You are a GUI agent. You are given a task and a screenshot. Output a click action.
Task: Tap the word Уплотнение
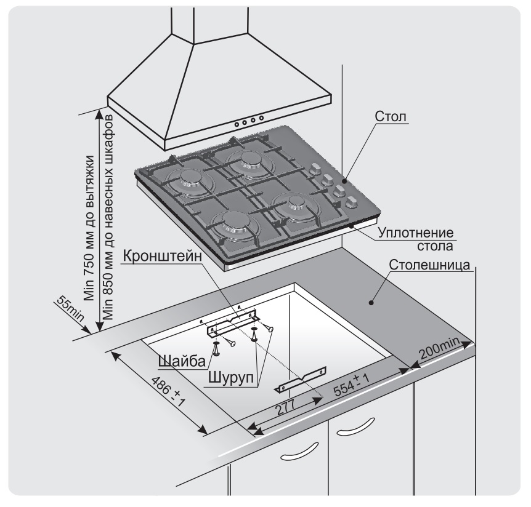click(x=416, y=234)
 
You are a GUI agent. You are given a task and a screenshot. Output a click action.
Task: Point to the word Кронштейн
click(x=162, y=256)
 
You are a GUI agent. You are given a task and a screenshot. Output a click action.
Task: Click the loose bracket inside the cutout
click(x=302, y=377)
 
